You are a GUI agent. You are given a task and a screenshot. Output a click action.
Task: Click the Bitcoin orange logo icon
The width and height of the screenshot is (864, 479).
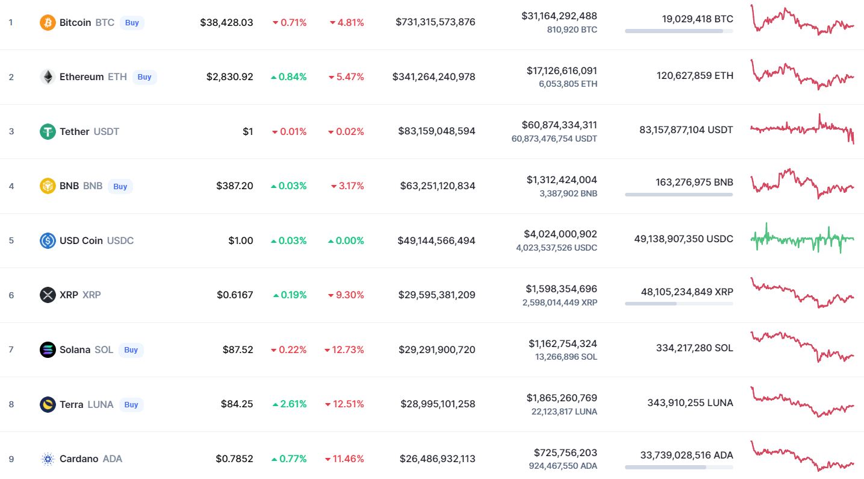click(x=48, y=23)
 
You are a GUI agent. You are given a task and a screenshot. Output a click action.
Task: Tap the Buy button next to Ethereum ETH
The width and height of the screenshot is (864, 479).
click(x=145, y=77)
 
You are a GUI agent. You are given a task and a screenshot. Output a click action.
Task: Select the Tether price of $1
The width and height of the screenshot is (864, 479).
click(x=247, y=131)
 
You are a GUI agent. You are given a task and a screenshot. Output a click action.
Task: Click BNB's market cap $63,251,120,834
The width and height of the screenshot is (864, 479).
click(x=438, y=186)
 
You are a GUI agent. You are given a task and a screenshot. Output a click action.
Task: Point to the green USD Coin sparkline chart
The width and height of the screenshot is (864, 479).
click(x=802, y=239)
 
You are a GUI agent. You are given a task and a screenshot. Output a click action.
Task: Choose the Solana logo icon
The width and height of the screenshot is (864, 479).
click(x=48, y=349)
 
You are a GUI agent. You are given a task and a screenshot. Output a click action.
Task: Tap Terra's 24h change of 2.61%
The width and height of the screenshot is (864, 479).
click(x=290, y=404)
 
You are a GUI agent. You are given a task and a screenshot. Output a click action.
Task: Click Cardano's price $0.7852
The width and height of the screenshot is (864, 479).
click(x=234, y=459)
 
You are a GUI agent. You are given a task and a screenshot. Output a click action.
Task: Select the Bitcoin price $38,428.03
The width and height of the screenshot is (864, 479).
click(x=226, y=22)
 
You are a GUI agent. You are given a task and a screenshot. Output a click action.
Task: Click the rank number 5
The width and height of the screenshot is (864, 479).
click(x=11, y=240)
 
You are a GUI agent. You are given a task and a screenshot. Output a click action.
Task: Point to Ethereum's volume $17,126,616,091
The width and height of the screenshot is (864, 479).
click(x=562, y=70)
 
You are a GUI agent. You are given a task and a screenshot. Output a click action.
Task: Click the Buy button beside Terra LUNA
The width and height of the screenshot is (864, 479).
click(x=131, y=404)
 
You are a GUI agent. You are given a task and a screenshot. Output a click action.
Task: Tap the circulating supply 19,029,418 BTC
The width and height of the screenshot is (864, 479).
click(x=697, y=19)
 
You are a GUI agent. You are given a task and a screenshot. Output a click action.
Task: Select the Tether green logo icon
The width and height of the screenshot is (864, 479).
click(x=48, y=131)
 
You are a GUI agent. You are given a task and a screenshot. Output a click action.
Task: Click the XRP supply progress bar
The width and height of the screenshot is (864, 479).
click(x=679, y=304)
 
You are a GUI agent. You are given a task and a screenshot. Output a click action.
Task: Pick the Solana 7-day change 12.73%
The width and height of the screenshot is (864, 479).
click(x=344, y=349)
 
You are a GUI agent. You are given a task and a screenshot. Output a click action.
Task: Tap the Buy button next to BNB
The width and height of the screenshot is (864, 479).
click(x=120, y=186)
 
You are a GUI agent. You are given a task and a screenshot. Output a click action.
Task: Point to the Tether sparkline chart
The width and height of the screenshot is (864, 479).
click(x=802, y=128)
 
